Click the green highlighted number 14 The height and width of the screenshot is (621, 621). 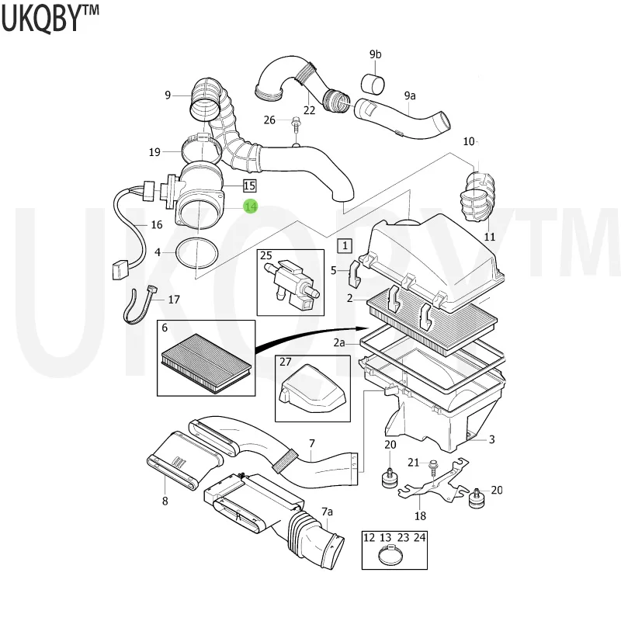251,206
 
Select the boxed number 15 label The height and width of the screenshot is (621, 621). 249,186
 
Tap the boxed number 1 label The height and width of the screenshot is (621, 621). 344,246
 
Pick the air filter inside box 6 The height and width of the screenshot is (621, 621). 207,359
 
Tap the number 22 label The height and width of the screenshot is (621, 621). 310,109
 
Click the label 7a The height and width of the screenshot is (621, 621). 328,512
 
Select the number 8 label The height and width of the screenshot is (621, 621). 165,501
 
